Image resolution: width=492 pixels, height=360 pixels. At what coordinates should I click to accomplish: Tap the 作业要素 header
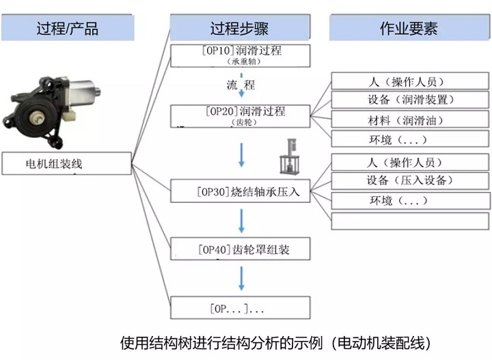click(409, 28)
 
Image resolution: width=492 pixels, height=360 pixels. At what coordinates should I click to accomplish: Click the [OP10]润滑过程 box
click(239, 55)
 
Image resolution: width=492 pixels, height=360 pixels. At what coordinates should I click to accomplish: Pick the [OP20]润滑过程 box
click(239, 115)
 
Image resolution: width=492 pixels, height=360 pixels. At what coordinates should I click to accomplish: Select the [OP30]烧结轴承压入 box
click(239, 191)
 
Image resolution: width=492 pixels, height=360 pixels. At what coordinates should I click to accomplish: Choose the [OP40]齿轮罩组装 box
click(239, 249)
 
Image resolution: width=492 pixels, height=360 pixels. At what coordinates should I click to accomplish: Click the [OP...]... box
click(239, 308)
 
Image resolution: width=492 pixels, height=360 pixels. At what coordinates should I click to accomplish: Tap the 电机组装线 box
click(66, 164)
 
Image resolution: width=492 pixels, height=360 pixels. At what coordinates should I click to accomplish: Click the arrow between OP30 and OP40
click(241, 221)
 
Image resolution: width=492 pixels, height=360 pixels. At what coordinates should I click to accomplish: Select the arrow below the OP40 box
click(241, 278)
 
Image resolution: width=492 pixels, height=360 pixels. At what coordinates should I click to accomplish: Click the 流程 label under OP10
click(241, 85)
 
